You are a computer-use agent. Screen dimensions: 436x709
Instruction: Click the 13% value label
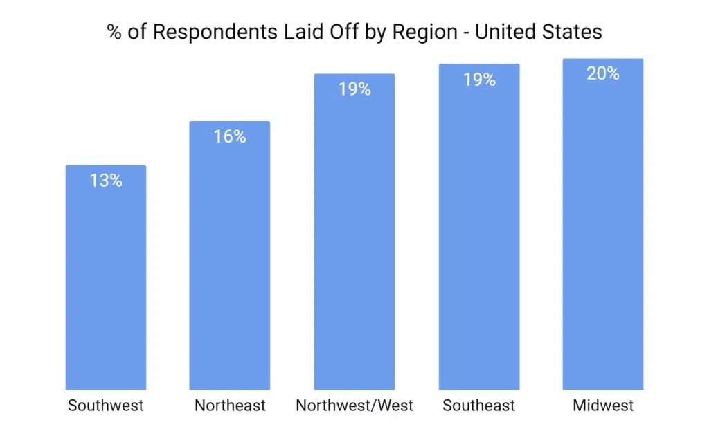point(106,181)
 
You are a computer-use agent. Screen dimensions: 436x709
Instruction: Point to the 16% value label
point(230,137)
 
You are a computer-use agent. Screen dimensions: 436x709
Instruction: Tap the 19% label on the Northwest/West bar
point(354,89)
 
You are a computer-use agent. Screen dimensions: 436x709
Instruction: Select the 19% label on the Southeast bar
point(479,80)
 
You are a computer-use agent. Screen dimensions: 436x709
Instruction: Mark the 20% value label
point(603,73)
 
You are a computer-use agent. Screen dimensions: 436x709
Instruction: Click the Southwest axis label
point(106,406)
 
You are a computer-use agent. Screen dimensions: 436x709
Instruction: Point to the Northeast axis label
point(230,406)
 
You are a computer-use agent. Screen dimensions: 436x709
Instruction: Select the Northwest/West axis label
point(354,406)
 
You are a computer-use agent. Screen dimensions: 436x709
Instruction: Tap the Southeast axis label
point(479,406)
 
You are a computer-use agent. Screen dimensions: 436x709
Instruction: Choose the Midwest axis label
point(603,406)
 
